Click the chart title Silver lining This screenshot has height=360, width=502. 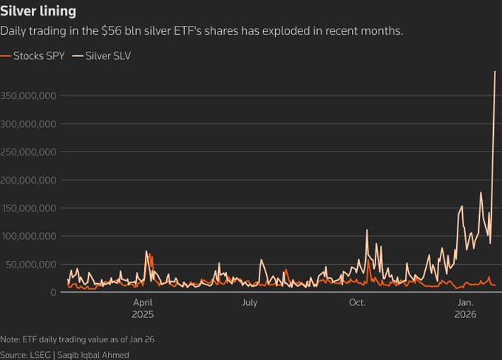(38, 13)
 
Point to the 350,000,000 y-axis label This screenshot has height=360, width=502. (29, 96)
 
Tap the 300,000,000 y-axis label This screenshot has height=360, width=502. (29, 124)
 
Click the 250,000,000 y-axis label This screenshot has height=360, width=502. (29, 152)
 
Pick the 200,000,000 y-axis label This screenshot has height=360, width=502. (29, 180)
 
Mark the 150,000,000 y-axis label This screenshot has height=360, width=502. (29, 208)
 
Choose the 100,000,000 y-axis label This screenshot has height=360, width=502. (29, 237)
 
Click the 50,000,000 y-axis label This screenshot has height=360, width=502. (31, 264)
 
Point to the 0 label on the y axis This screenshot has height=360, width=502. (54, 293)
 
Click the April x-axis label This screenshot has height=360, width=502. (143, 302)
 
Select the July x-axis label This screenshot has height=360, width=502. (249, 302)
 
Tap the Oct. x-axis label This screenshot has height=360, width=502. (357, 302)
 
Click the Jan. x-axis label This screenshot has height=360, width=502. (466, 302)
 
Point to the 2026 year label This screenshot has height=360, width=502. (466, 313)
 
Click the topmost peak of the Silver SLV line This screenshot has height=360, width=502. (495, 72)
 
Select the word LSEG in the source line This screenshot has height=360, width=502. (41, 355)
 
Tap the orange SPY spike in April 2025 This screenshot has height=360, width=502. (151, 256)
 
